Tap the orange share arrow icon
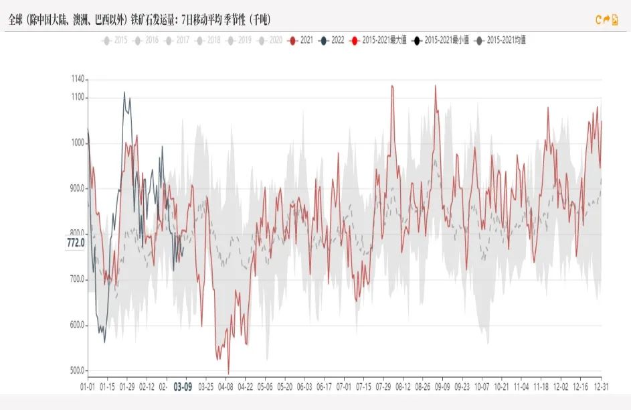tap(607, 20)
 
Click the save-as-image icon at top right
tap(616, 20)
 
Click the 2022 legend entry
tap(332, 40)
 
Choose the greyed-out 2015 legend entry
tap(115, 40)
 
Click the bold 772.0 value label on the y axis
tap(76, 242)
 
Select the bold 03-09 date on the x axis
tap(183, 387)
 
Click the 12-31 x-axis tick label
tap(601, 387)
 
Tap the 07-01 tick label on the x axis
tap(344, 387)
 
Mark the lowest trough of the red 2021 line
tap(228, 373)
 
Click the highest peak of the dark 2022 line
tap(124, 92)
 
